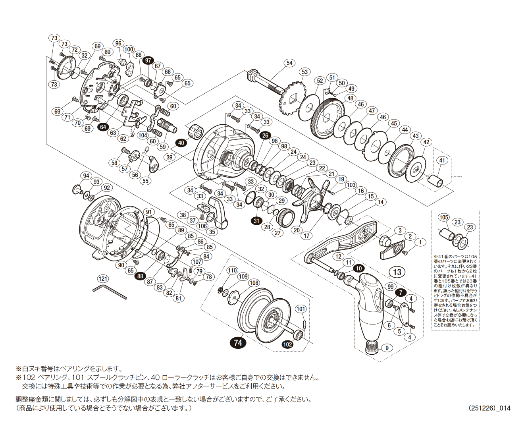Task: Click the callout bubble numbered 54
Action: point(289,63)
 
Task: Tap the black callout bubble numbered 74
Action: point(238,342)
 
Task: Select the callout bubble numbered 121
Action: point(103,279)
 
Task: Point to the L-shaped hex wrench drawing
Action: point(110,292)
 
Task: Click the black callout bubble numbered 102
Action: point(287,344)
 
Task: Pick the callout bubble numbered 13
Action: point(397,272)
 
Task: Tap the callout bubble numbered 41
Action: point(442,160)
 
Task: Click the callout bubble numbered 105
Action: point(443,217)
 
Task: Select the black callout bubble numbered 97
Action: point(148,60)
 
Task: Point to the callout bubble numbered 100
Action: point(129,50)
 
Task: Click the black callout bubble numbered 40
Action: point(181,143)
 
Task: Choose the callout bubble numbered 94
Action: point(85,176)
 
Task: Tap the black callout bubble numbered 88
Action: point(140,276)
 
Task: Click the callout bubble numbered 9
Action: point(387,348)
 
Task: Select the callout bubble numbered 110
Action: point(232,271)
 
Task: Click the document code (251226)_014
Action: point(489,408)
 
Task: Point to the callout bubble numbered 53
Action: point(304,72)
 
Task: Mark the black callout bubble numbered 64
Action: point(103,127)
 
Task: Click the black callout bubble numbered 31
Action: point(256,221)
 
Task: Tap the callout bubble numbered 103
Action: point(351,185)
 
